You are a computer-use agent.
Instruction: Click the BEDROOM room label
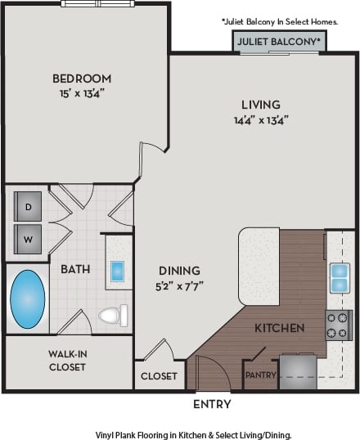pyautogui.click(x=82, y=79)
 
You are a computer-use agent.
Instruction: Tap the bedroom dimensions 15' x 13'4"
pyautogui.click(x=82, y=92)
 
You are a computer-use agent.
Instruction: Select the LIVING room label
pyautogui.click(x=260, y=105)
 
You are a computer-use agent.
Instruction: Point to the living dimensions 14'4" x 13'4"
pyautogui.click(x=260, y=119)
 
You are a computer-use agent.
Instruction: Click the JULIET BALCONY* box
pyautogui.click(x=279, y=41)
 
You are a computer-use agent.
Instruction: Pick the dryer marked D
pyautogui.click(x=28, y=207)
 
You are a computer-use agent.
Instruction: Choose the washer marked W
pyautogui.click(x=28, y=240)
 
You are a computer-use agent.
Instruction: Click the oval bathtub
pyautogui.click(x=27, y=299)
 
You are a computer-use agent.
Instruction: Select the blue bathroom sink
pyautogui.click(x=117, y=271)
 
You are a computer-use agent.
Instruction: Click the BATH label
pyautogui.click(x=75, y=268)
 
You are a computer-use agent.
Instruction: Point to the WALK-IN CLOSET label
pyautogui.click(x=67, y=361)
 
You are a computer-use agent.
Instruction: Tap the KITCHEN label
pyautogui.click(x=279, y=328)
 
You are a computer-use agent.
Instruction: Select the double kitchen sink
pyautogui.click(x=340, y=278)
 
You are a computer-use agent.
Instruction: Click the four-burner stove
pyautogui.click(x=339, y=325)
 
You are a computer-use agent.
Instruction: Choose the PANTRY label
pyautogui.click(x=260, y=375)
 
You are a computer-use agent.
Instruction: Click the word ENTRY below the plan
pyautogui.click(x=211, y=404)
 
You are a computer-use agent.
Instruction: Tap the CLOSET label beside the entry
pyautogui.click(x=159, y=376)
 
